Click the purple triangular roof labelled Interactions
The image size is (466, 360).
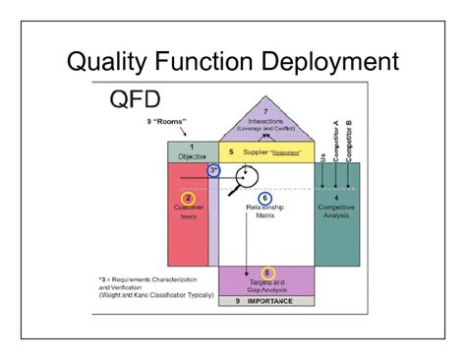pyautogui.click(x=266, y=122)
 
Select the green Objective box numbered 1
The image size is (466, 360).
pyautogui.click(x=191, y=151)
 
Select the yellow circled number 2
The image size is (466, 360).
pyautogui.click(x=187, y=198)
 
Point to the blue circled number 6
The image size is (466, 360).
pyautogui.click(x=263, y=198)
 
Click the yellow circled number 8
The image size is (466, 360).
pyautogui.click(x=267, y=272)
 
